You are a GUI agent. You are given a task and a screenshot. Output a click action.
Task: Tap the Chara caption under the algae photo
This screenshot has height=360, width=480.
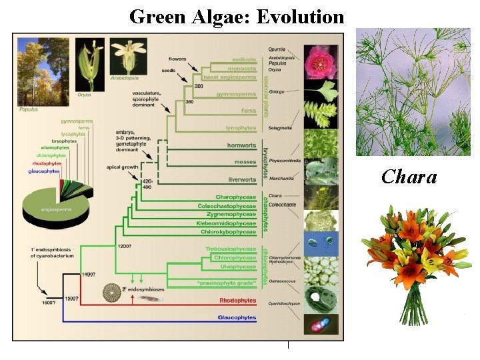click(409, 177)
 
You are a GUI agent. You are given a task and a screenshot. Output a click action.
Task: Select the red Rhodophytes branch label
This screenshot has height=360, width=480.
click(238, 301)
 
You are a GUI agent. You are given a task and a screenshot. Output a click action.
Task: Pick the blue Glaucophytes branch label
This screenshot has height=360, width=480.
click(237, 318)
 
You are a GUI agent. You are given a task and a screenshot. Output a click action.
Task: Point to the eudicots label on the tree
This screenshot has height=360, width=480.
click(244, 59)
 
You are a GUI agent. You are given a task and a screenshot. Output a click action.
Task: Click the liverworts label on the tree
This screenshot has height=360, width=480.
click(241, 179)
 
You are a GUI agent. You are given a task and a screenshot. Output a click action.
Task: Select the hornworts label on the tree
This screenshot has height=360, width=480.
click(241, 145)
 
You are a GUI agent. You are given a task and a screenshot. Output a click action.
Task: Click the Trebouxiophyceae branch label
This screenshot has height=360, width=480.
click(231, 249)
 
